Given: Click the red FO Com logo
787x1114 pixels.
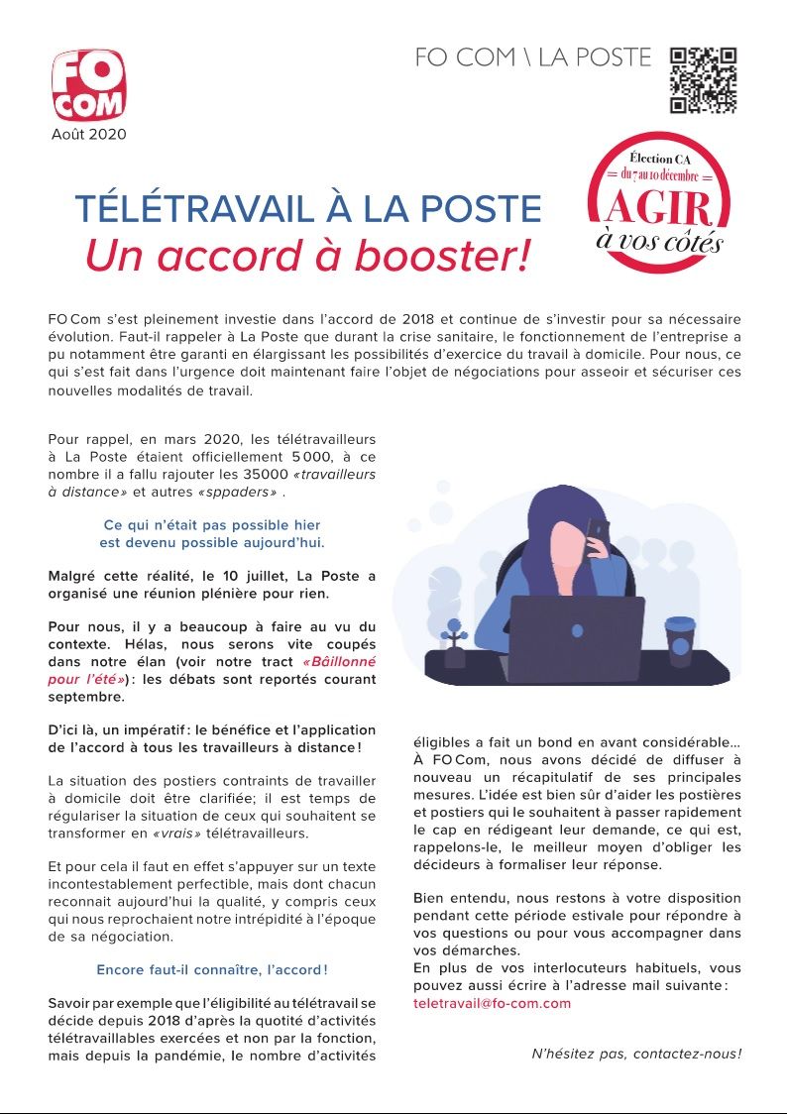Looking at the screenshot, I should pyautogui.click(x=88, y=85).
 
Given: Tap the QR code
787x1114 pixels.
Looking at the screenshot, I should pyautogui.click(x=703, y=80).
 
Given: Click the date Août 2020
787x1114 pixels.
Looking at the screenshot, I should pyautogui.click(x=89, y=135).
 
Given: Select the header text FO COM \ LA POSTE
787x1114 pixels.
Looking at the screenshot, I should pyautogui.click(x=533, y=57).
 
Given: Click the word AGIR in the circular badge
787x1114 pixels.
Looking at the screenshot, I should pyautogui.click(x=659, y=208).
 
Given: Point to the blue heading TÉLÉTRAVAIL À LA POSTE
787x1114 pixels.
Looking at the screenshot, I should pyautogui.click(x=308, y=209).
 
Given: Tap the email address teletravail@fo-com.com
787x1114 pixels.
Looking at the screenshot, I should pyautogui.click(x=492, y=1003).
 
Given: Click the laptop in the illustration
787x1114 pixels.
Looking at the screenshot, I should pyautogui.click(x=576, y=637).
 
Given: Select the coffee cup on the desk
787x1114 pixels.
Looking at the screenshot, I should pyautogui.click(x=680, y=641).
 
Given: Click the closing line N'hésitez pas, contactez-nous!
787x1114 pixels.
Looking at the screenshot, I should pyautogui.click(x=636, y=1053).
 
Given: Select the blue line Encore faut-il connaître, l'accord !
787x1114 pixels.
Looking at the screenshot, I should pyautogui.click(x=212, y=969).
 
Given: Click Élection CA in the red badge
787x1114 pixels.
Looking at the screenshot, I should pyautogui.click(x=658, y=157).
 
